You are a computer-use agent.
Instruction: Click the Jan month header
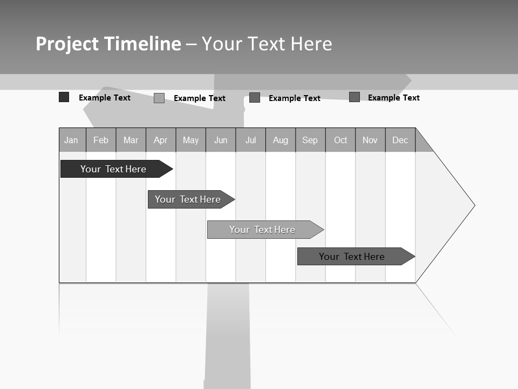click(x=71, y=140)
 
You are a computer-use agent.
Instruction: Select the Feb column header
click(x=101, y=140)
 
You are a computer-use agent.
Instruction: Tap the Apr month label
click(x=160, y=140)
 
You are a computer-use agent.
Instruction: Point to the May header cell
click(x=190, y=140)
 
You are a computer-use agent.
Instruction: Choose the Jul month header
click(x=250, y=140)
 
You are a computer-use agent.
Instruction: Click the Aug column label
click(x=281, y=140)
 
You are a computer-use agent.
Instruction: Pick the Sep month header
click(x=310, y=140)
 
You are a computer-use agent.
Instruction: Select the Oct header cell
click(x=340, y=140)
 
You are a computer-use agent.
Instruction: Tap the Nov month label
click(x=370, y=140)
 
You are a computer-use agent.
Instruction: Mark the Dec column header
click(x=400, y=140)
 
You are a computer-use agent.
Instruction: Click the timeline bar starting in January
click(x=113, y=169)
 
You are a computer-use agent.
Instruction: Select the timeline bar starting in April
click(x=188, y=199)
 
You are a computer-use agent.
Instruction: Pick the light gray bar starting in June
click(x=262, y=230)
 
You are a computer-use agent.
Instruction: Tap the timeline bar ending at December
click(x=352, y=257)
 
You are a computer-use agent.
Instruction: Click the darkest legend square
click(x=64, y=97)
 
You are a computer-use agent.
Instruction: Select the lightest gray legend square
click(x=159, y=98)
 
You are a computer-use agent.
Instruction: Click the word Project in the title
click(x=66, y=44)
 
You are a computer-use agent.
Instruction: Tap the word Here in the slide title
click(x=311, y=44)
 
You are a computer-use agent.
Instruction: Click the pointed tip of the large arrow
click(x=473, y=205)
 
